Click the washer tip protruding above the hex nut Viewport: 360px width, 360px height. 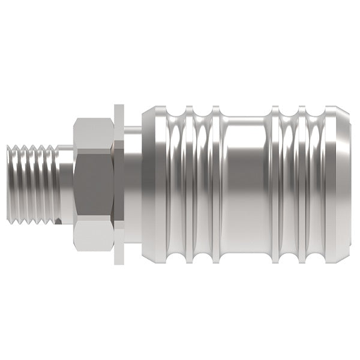pyautogui.click(x=119, y=112)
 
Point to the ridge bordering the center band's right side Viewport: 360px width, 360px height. pyautogui.click(x=275, y=184)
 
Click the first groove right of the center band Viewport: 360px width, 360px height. pyautogui.click(x=288, y=184)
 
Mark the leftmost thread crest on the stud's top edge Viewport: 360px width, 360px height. pyautogui.click(x=17, y=146)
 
